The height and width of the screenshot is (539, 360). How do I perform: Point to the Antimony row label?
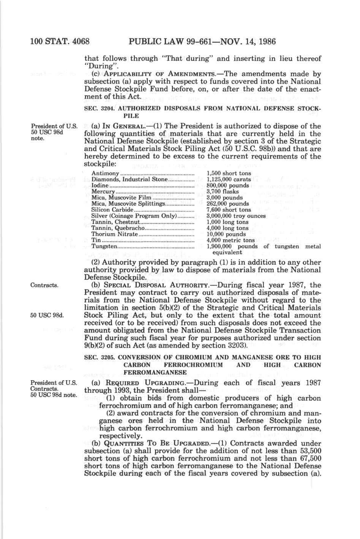103,173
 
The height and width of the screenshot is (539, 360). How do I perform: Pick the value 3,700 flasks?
222,191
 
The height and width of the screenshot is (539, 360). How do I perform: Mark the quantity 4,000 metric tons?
230,240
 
